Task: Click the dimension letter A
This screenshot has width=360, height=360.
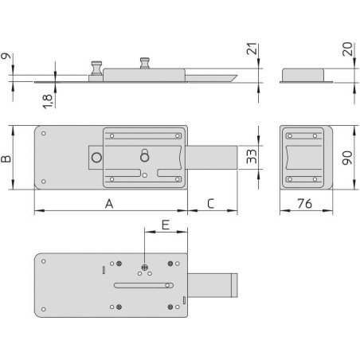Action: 109,204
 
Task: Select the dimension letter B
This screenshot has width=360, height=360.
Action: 6,158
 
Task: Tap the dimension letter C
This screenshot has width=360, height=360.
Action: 210,204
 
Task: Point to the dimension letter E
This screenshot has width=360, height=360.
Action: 166,225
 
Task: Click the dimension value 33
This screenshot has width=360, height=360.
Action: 252,156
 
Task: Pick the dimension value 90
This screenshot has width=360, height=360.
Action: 347,158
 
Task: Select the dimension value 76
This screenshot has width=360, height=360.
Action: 304,204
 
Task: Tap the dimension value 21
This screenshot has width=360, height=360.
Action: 252,49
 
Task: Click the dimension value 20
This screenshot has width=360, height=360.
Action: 347,49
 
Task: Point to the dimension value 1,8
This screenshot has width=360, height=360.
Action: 48,101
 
